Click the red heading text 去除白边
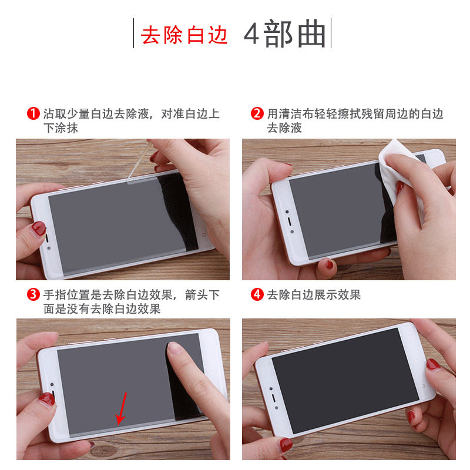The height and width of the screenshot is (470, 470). tap(184, 36)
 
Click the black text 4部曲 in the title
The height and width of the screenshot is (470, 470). tap(285, 36)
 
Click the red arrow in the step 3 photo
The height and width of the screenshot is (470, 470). tap(122, 408)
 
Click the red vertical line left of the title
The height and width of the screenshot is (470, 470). tap(134, 34)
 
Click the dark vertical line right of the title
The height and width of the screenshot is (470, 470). tap(331, 34)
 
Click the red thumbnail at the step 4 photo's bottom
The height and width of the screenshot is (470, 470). tap(286, 445)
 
